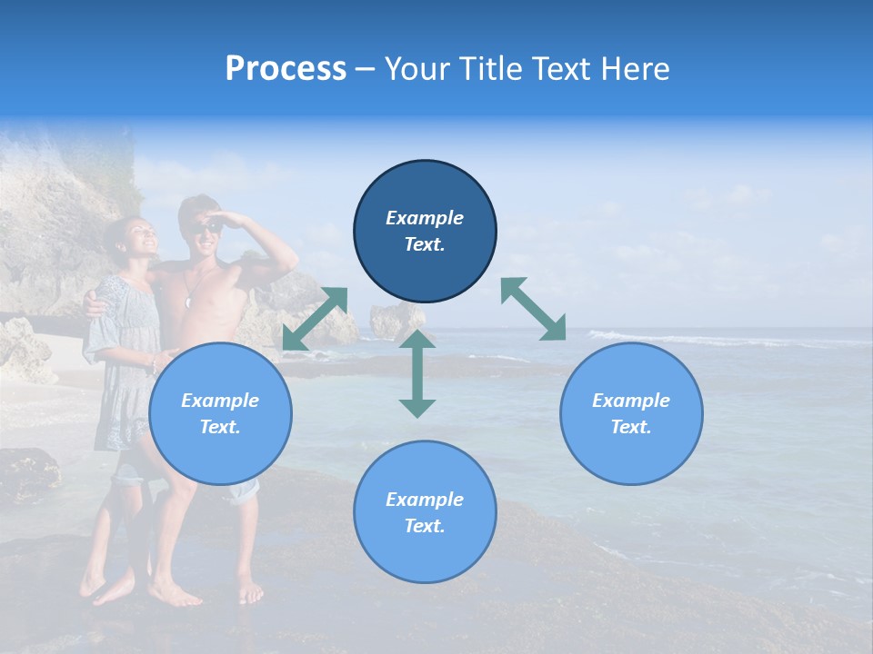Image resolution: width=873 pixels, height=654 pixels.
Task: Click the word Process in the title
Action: [286, 69]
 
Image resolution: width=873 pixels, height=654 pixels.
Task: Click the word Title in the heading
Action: [487, 69]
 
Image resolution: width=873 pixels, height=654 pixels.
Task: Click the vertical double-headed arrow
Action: [417, 373]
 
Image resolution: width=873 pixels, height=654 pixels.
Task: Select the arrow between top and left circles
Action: [315, 318]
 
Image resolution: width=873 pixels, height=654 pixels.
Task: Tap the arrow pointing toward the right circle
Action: [534, 309]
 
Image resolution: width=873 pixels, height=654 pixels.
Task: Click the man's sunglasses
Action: [208, 226]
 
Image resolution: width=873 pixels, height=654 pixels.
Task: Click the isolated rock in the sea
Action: [396, 319]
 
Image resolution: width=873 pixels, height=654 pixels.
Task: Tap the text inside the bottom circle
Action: [425, 512]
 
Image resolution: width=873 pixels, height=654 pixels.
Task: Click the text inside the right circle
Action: [631, 413]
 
